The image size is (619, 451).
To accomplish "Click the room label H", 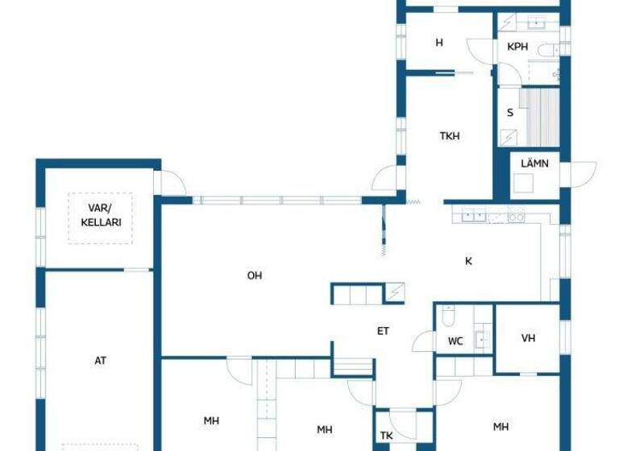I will (x=439, y=43).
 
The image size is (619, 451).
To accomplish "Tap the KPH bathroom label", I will (x=517, y=47).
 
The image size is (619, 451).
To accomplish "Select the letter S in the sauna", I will (x=510, y=113).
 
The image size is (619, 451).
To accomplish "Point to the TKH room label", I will (x=450, y=136).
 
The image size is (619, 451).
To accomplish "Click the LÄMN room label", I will (x=534, y=163).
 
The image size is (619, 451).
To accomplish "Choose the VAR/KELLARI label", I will (x=105, y=215).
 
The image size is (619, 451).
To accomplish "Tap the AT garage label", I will (x=101, y=361).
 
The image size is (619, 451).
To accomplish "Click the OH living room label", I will (x=255, y=275).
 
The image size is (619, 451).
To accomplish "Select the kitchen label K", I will (x=468, y=261).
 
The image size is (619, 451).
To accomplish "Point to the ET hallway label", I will (x=384, y=330).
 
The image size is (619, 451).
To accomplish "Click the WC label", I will (x=455, y=341).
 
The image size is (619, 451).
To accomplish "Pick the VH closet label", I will (x=528, y=338).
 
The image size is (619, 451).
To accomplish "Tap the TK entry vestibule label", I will (x=387, y=436).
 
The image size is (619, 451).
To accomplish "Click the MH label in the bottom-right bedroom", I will (x=501, y=426).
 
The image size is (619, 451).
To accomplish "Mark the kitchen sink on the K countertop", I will (x=471, y=215).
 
